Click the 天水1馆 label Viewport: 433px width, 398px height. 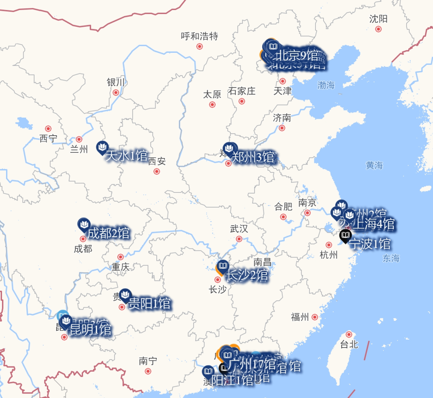coord(127,156)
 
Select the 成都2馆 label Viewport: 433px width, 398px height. coord(109,233)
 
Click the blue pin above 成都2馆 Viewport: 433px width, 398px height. coord(83,224)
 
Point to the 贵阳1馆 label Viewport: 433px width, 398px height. coord(149,304)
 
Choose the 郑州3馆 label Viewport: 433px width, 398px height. coord(253,157)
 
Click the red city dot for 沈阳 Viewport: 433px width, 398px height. coord(378,29)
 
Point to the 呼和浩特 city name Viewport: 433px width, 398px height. coord(199,36)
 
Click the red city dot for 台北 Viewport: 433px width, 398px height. coord(349,334)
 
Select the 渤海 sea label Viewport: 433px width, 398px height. coord(326,85)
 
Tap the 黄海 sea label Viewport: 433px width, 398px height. coord(374,165)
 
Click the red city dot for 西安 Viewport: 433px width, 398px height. coord(157,171)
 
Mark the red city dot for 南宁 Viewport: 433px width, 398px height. coord(148,371)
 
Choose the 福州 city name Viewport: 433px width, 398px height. coord(300,317)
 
